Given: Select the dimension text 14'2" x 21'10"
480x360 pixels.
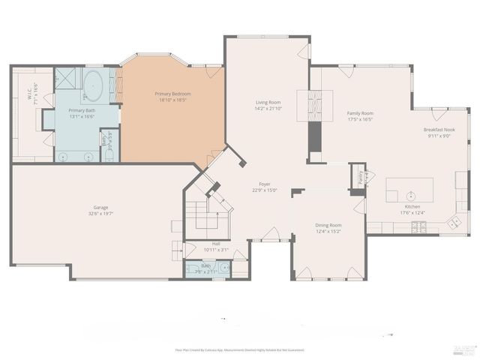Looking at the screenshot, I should pos(268,109).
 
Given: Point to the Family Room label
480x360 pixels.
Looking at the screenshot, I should pos(360,113).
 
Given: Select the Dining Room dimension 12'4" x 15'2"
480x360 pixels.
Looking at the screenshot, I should pos(328,232).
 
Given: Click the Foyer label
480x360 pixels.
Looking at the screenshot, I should pos(265,184).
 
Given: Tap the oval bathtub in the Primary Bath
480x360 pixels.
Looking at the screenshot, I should pos(94,85).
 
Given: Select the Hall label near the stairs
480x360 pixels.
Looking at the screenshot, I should pos(216,243).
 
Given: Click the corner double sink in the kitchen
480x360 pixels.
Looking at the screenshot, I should pos(454,222).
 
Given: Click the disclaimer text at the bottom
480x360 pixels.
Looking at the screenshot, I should pos(239,349).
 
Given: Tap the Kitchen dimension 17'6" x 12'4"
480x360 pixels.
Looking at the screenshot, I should pos(412,212).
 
